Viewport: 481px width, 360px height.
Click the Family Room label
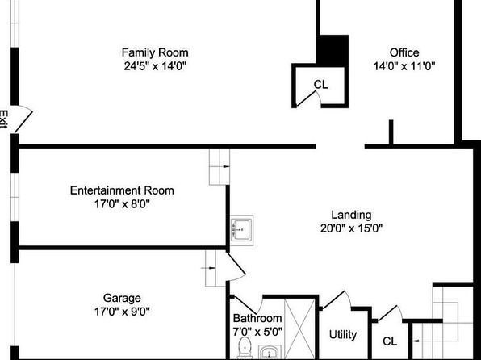coord(155,52)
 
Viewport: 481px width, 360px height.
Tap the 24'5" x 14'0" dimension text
coord(155,65)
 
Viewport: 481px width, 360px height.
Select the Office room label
coord(404,52)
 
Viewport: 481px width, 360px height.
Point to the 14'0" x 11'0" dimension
coord(404,65)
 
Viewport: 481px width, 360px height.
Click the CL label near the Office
coord(321,85)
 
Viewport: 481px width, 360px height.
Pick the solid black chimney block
coord(333,50)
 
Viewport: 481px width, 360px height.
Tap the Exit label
coord(3,119)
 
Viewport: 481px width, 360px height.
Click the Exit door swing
coord(23,118)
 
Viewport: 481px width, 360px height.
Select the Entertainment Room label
coord(122,190)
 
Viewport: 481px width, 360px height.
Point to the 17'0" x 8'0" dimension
coord(122,203)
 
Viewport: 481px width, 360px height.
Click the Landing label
coord(352,215)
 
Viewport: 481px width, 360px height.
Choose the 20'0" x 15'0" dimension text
coord(352,228)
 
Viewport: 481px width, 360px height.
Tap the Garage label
coord(122,299)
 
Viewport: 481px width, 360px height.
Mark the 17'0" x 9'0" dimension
coord(122,312)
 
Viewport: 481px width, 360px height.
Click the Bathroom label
coord(257,318)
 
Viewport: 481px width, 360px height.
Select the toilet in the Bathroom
coord(245,348)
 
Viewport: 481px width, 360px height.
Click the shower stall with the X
coord(299,329)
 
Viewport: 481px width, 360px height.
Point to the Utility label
coord(343,334)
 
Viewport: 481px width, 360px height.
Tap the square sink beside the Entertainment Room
coord(242,231)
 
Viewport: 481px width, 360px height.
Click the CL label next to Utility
coord(390,341)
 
